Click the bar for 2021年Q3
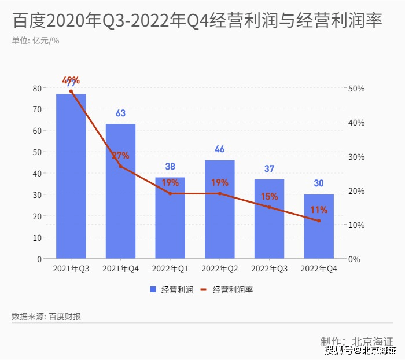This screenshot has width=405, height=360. coord(71,177)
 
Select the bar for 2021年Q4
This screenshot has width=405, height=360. coord(120,191)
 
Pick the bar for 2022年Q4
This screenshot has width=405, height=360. coord(319,226)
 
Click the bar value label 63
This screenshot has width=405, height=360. coord(120,113)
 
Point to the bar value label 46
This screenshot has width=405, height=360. coord(219,149)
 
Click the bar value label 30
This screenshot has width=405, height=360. coord(319,183)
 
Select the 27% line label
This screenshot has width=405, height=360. coord(120,156)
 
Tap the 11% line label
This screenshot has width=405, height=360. coord(319,210)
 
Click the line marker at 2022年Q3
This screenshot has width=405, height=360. coord(269,207)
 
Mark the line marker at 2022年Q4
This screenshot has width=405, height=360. coord(319,221)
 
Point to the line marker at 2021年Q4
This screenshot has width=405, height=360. coord(120,166)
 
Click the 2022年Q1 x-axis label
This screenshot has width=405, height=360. coord(170,269)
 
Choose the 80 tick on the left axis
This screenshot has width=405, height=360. coord(37,88)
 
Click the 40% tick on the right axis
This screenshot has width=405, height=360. coord(356,123)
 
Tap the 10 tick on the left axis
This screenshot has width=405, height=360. coord(37,237)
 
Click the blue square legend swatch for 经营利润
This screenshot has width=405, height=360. coord(153,290)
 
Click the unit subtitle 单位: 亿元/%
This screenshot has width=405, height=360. coord(35,41)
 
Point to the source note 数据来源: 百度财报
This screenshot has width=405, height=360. coord(46,317)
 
